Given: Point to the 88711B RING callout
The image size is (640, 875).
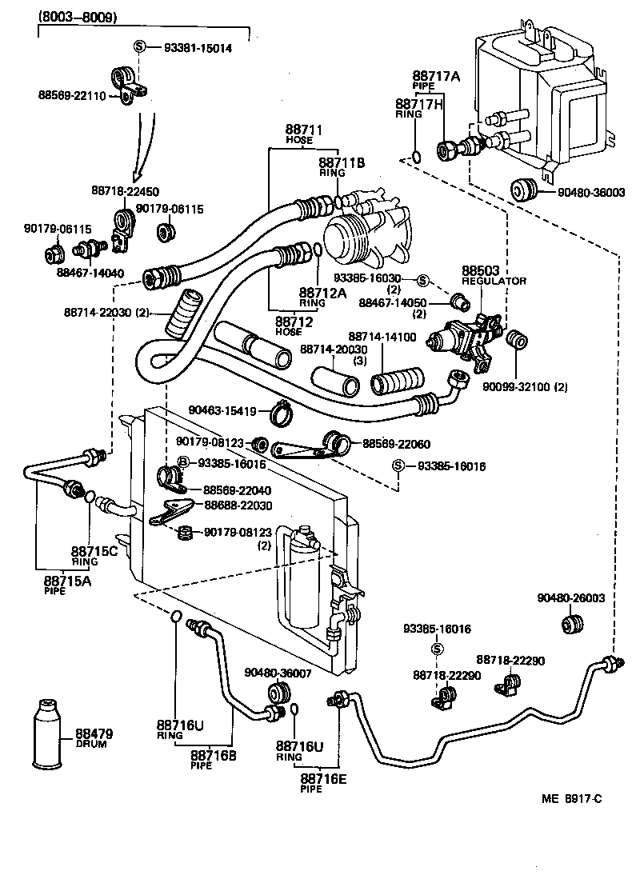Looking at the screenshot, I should pos(342,163).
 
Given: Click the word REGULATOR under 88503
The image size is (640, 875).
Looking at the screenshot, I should pos(493,281).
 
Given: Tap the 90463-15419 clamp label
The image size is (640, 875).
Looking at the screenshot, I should pos(222,411).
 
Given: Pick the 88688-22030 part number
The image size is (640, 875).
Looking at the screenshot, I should pos(238,505).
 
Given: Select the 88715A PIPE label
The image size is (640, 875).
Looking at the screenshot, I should pos(67,581).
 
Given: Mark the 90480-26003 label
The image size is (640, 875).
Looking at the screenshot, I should pos(570,597).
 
